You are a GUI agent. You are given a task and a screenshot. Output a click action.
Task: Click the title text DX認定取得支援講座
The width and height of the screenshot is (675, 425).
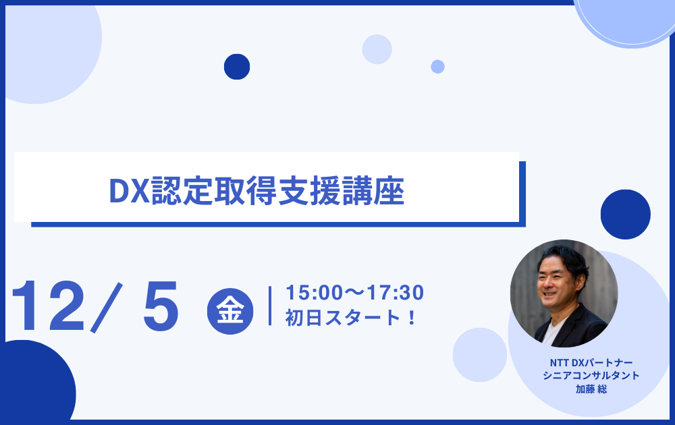click(x=256, y=191)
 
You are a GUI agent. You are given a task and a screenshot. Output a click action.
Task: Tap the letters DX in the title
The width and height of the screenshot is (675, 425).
click(x=129, y=191)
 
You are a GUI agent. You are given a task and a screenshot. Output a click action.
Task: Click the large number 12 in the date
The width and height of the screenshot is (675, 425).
click(x=47, y=306)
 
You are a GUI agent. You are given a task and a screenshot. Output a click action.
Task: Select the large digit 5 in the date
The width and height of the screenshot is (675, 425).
click(x=161, y=306)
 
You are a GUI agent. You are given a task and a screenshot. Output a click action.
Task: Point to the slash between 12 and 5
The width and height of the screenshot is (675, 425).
click(x=107, y=308)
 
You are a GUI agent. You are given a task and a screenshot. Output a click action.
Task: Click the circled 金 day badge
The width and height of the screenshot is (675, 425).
click(x=230, y=311)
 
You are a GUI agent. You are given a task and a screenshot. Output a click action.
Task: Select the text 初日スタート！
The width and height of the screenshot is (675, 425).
click(x=350, y=318)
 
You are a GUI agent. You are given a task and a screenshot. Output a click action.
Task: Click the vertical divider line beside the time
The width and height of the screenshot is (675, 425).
click(x=270, y=306)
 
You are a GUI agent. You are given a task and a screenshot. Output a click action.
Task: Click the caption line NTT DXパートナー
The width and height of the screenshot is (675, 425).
click(x=591, y=363)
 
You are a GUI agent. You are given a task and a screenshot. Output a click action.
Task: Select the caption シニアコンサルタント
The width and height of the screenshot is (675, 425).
click(x=591, y=376)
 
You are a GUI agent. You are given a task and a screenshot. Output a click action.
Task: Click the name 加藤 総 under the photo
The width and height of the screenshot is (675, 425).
click(x=591, y=389)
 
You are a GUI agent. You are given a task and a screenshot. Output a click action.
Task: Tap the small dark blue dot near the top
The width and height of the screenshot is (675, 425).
click(x=237, y=67)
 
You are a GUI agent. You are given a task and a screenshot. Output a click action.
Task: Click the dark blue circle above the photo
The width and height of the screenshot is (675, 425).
click(x=626, y=215)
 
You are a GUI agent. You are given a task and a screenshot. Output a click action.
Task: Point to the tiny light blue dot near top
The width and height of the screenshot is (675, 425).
click(x=438, y=67)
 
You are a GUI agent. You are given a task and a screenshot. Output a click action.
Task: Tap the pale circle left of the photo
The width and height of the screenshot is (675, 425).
click(x=479, y=354)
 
